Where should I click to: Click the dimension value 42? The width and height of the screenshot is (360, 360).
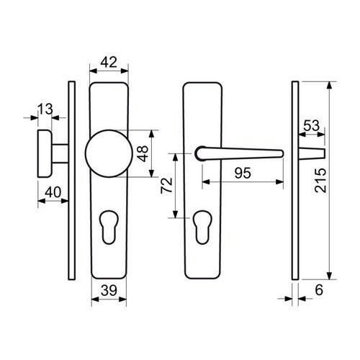pos(109,62)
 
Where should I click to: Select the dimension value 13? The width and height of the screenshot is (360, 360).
pos(45,109)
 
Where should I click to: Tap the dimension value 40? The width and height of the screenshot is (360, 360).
pos(53,192)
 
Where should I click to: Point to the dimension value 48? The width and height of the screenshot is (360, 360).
pos(143,153)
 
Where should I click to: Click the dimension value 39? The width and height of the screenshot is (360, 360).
pos(109,290)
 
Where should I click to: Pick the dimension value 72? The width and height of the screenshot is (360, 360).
pos(167,185)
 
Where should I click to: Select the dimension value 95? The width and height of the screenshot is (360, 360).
pos(243,173)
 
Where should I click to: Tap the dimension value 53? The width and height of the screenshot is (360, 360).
pos(312,125)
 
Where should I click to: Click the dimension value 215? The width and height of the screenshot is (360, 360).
pos(320,181)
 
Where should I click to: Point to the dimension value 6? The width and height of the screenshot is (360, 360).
pos(319,290)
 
